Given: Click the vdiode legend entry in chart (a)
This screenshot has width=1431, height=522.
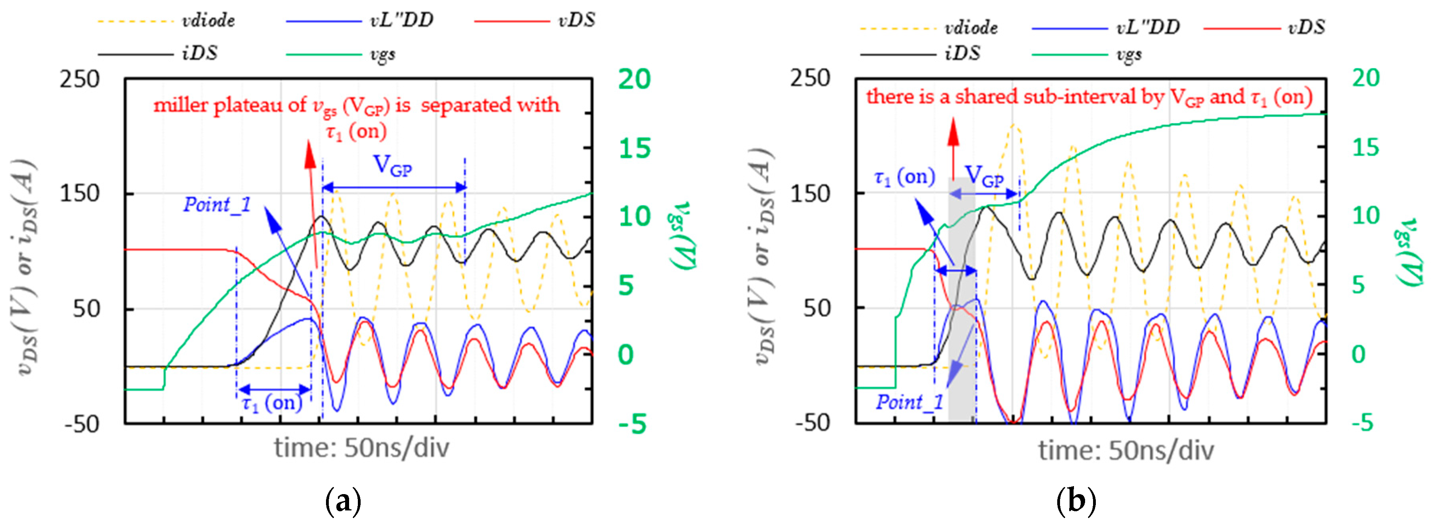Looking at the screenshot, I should [208, 21].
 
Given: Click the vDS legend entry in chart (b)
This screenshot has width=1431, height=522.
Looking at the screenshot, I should [1306, 27].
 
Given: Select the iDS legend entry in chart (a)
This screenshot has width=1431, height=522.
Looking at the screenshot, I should [199, 53].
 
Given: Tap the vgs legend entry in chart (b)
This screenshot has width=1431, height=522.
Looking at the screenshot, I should [1129, 55].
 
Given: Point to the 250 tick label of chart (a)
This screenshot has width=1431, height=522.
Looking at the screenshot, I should [80, 79].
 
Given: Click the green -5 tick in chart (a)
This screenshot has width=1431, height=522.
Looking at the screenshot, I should [632, 424].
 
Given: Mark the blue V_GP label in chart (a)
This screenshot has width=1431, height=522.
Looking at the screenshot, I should [392, 165].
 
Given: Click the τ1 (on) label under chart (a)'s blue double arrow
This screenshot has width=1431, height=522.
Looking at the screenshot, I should [271, 402].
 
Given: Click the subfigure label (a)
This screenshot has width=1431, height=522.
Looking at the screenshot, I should [343, 501].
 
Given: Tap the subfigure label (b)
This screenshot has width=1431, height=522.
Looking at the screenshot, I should [1076, 501].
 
